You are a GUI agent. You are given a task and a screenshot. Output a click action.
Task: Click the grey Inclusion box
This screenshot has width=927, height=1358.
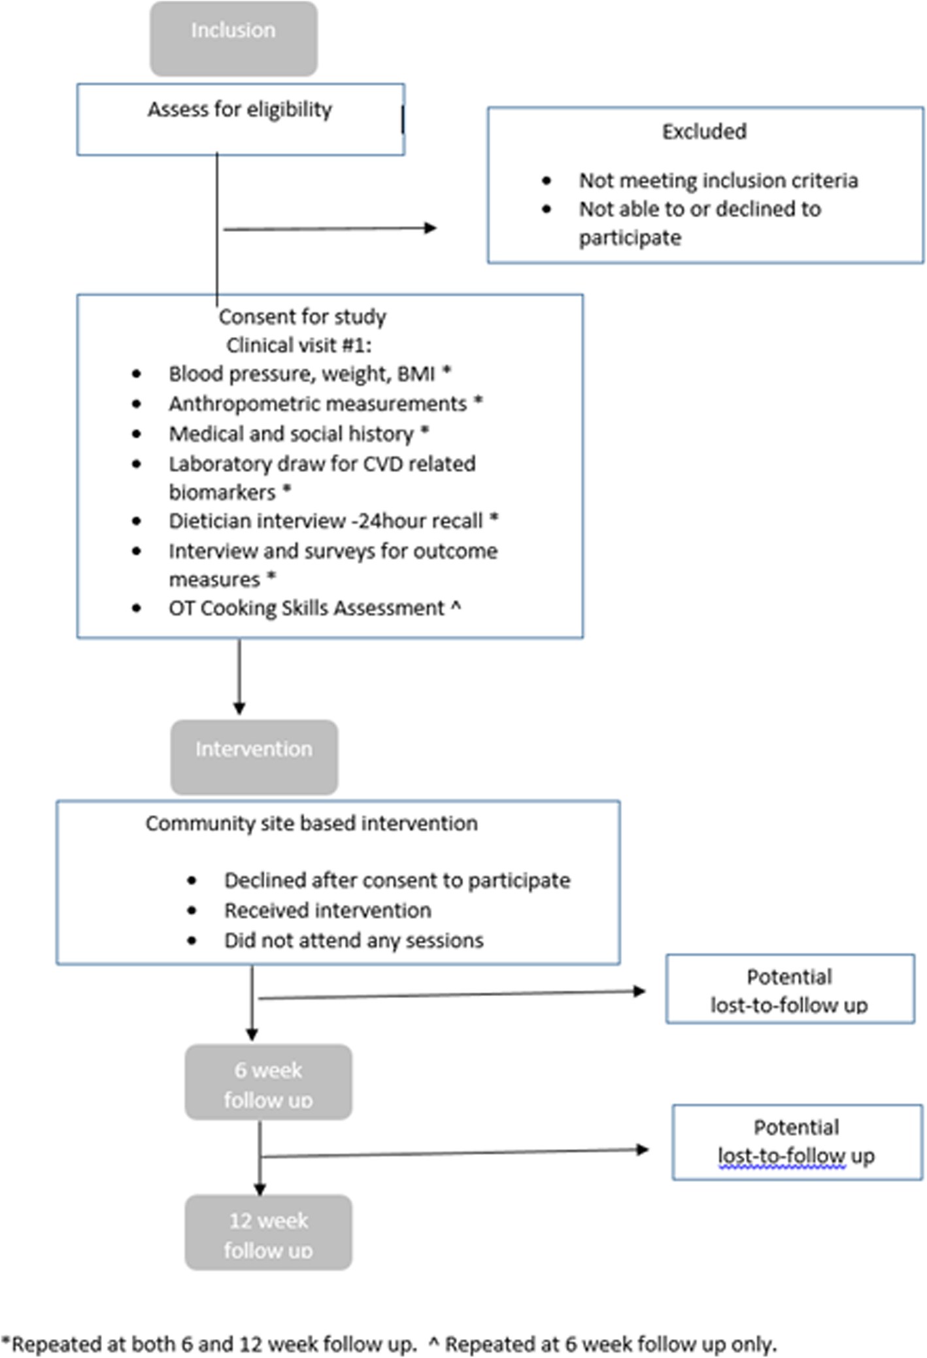coord(233,39)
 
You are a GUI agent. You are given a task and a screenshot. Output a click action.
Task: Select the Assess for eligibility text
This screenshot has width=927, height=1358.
coord(239,109)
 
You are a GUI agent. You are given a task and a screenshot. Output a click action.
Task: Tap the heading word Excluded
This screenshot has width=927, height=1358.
coord(703,132)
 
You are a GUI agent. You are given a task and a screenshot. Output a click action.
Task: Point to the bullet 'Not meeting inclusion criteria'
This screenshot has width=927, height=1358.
coord(718,180)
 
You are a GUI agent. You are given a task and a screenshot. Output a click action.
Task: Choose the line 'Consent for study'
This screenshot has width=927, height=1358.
coord(302,317)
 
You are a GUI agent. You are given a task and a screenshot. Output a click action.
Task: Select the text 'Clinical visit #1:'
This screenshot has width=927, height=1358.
coord(298,345)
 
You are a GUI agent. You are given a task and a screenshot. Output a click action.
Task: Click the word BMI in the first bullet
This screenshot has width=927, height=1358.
coord(416,374)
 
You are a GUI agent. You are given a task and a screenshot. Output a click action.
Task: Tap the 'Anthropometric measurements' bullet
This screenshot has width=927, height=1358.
coord(318,404)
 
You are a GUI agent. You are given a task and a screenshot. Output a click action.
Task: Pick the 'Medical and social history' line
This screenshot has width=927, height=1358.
coord(292,434)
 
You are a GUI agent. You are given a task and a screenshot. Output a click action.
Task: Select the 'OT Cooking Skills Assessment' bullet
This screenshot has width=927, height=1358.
coord(306,608)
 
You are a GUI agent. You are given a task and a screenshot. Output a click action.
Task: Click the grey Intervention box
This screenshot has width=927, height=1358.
coord(254,757)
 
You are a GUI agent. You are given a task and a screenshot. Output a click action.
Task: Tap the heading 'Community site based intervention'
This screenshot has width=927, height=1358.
coord(311,823)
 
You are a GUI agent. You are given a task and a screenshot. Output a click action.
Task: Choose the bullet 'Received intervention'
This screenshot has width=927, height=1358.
coord(328,910)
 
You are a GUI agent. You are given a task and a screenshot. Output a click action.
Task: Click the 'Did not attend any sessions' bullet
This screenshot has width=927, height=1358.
coord(354,940)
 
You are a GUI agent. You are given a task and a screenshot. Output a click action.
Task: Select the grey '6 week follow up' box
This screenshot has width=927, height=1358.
coord(268,1082)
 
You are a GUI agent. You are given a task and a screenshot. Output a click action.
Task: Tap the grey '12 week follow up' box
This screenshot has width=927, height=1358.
coord(268,1232)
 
